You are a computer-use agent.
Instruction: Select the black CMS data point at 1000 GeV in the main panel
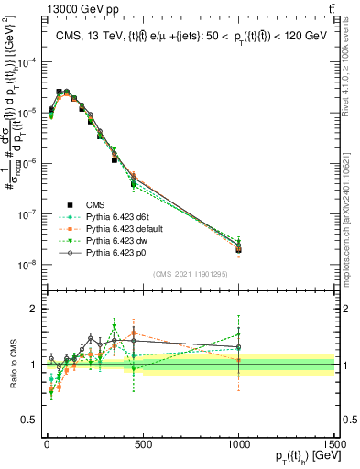click(x=238, y=248)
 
